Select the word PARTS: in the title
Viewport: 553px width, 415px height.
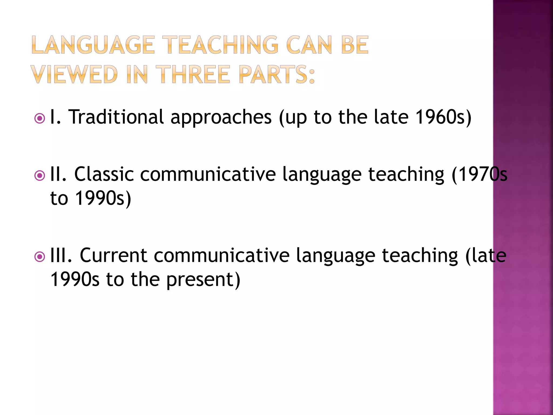click(x=277, y=74)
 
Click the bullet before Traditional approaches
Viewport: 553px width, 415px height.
click(x=40, y=118)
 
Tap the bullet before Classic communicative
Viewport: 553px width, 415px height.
click(x=40, y=176)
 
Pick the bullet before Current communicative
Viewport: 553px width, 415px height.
click(x=40, y=257)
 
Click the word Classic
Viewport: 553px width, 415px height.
click(x=104, y=174)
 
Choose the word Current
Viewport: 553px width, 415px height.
click(x=113, y=255)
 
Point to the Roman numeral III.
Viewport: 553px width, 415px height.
click(x=61, y=255)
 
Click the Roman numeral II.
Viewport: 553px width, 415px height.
click(x=58, y=174)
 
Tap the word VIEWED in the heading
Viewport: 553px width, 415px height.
click(x=74, y=74)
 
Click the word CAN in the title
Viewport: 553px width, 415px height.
click(x=309, y=45)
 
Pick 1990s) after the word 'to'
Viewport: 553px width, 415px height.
click(x=103, y=198)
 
